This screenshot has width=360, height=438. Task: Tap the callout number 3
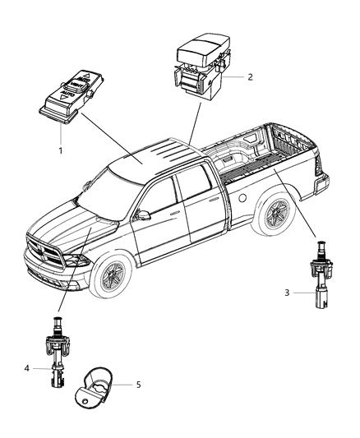[286, 292]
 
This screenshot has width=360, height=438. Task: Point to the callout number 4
[28, 367]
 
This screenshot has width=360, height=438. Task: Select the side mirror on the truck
[143, 215]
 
